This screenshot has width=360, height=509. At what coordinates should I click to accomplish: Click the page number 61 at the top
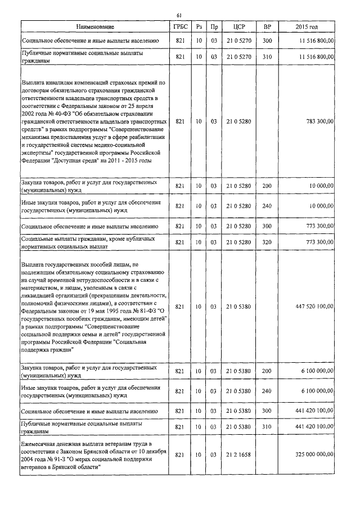coord(179,15)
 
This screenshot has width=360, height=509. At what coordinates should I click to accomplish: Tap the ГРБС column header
coord(181,27)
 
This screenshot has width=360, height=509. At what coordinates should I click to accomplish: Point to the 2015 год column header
coord(307,27)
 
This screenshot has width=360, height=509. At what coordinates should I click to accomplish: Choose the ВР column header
coord(267,27)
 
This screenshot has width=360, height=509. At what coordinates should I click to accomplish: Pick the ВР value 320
coord(267,242)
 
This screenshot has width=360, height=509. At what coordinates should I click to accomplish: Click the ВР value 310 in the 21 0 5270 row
coord(267,57)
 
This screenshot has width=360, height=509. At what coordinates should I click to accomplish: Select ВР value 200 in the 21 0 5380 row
coord(267,372)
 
